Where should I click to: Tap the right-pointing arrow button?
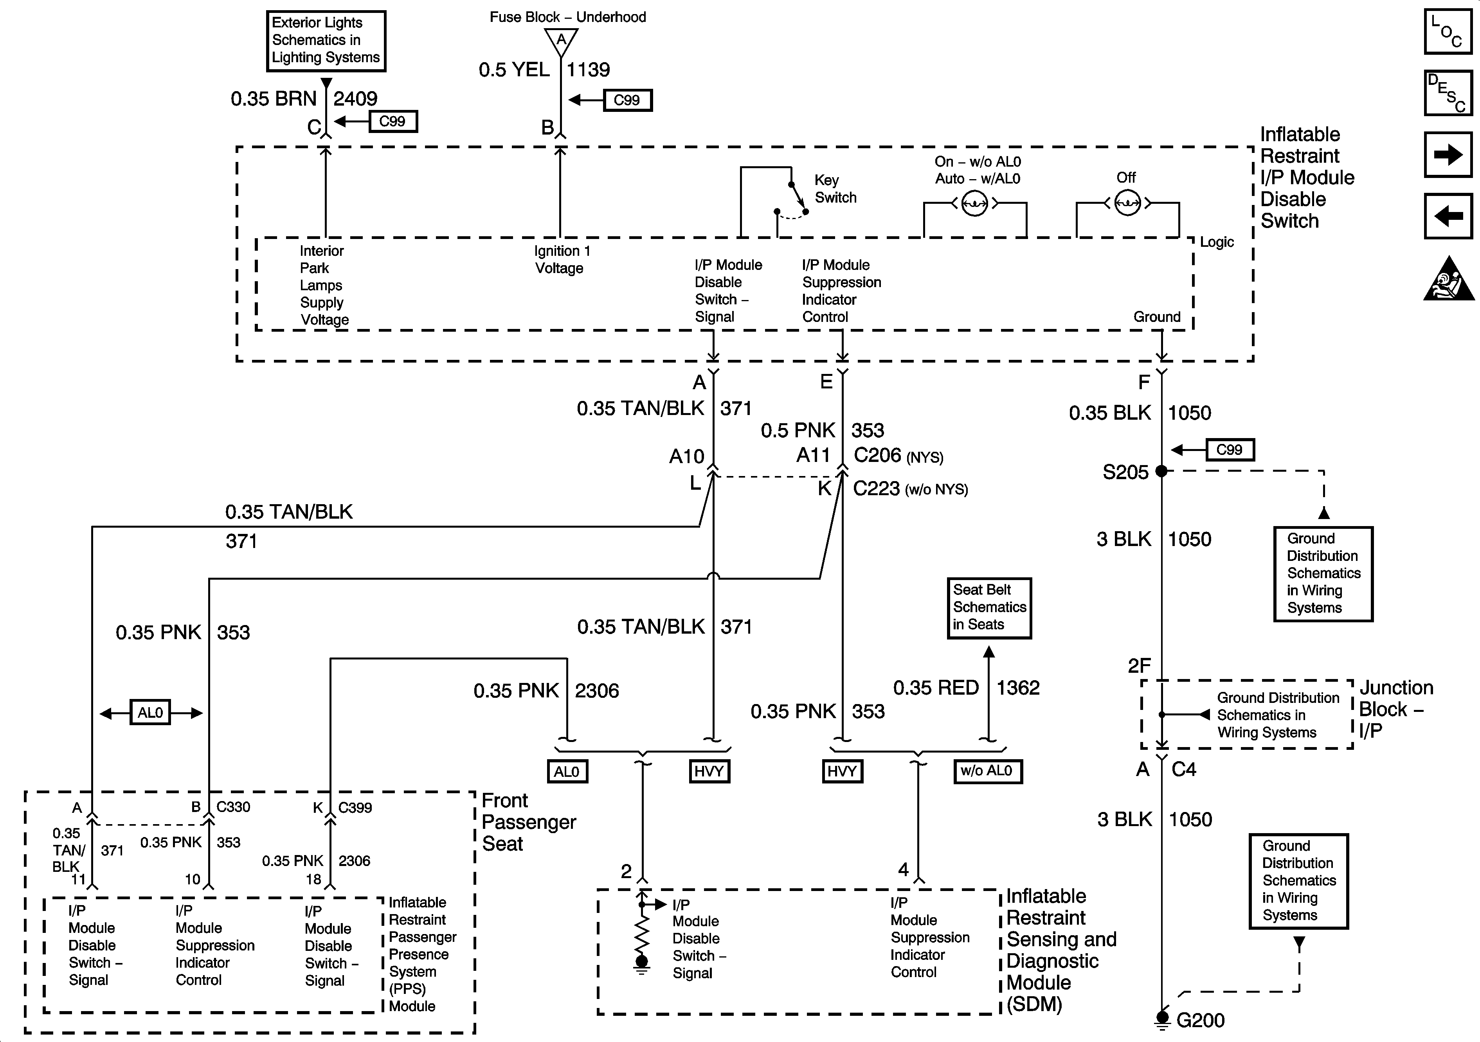pos(1448,155)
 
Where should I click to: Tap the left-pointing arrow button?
pos(1448,216)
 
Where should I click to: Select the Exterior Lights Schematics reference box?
pos(326,41)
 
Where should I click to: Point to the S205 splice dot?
pos(1161,471)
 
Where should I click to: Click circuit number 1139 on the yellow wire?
pos(588,70)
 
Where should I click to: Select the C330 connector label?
pos(233,807)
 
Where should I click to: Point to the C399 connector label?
pos(355,807)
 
